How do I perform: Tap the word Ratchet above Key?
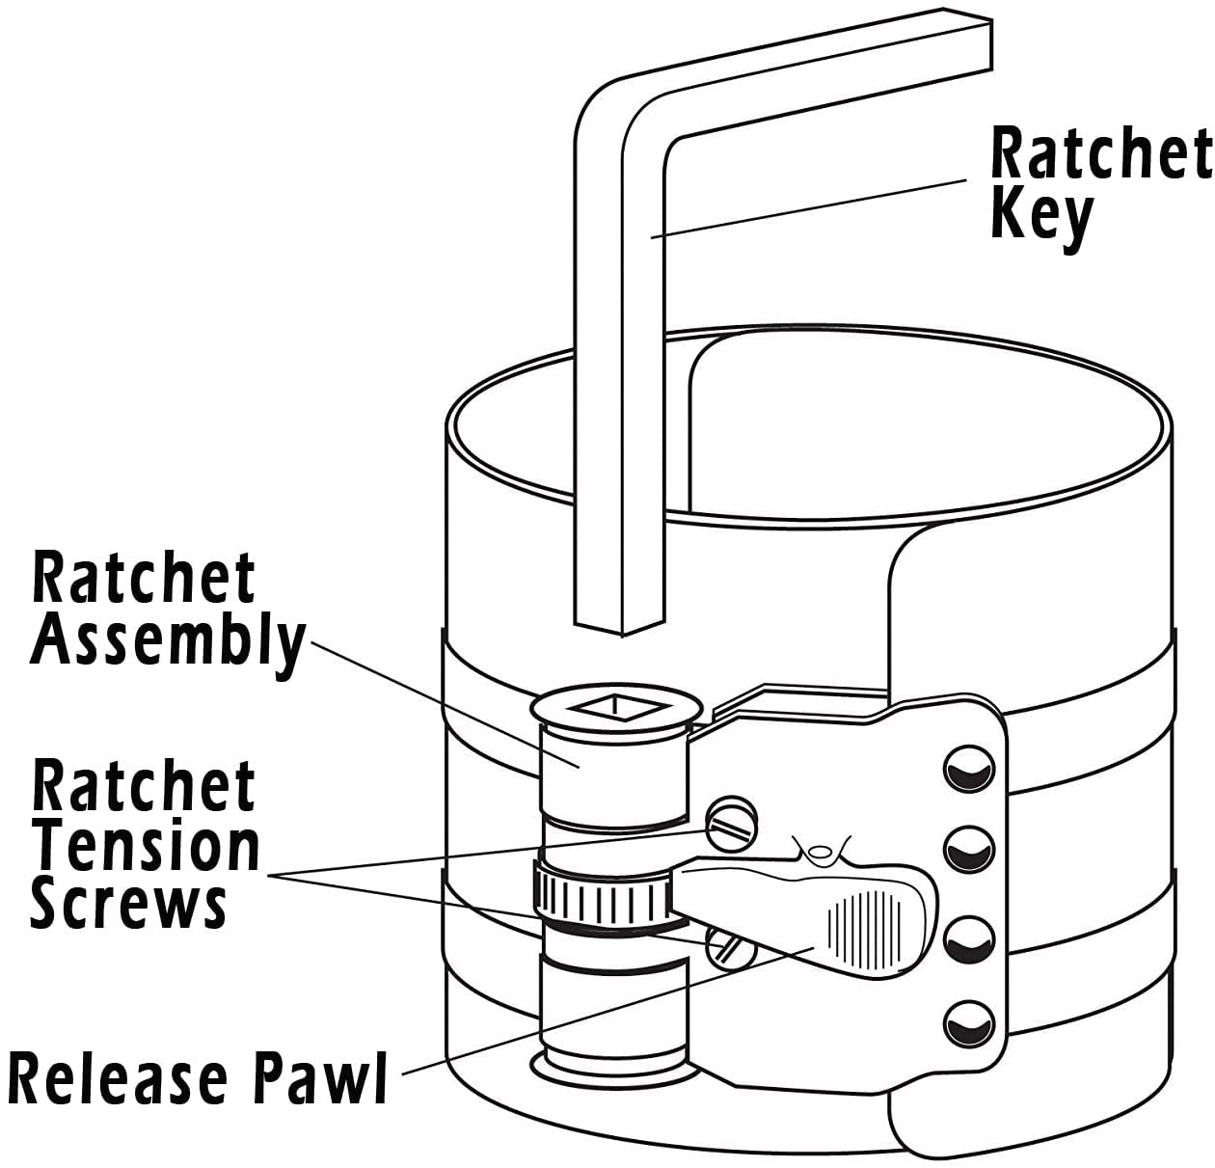pos(1099,153)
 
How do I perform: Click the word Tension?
pos(147,846)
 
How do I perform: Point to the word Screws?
pos(128,905)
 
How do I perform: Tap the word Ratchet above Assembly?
pos(145,579)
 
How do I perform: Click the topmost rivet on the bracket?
pos(967,771)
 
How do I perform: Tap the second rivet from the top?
pos(967,851)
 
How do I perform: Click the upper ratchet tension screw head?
pos(732,824)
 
